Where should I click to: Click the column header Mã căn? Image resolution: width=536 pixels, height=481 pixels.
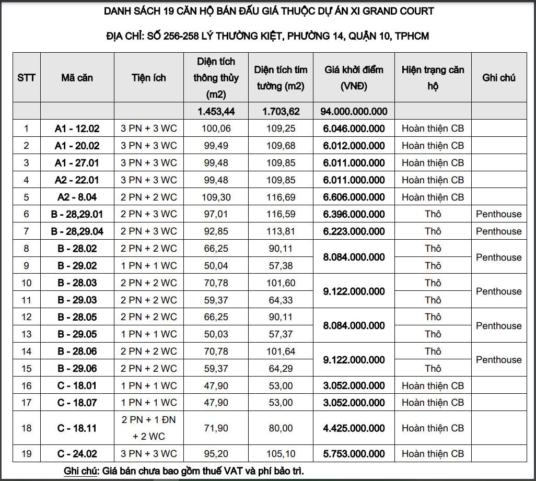[x=77, y=78]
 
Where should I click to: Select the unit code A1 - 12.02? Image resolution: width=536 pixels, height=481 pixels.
[x=77, y=128]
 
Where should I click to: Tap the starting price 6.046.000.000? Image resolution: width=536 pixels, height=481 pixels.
[x=354, y=128]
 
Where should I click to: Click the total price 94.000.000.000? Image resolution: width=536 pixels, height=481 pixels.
[x=354, y=111]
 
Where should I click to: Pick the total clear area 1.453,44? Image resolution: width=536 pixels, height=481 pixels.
[x=216, y=111]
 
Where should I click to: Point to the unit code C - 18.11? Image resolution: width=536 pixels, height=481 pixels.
[x=77, y=428]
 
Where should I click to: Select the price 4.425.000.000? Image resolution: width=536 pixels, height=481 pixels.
[x=354, y=428]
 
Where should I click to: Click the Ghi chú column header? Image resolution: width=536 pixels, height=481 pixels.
[x=498, y=78]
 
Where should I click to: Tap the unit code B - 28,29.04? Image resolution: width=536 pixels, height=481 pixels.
[x=77, y=231]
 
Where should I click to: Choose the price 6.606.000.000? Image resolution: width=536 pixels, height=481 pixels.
[x=354, y=197]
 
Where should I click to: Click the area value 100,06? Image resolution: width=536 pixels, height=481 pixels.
[x=216, y=128]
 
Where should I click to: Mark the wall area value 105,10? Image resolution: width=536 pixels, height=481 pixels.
[x=281, y=454]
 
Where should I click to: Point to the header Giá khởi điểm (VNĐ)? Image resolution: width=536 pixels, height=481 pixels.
[x=354, y=78]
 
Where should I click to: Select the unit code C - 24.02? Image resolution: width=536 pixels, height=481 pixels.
[x=77, y=454]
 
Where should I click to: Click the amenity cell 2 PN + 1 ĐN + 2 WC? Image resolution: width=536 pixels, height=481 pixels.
[x=148, y=428]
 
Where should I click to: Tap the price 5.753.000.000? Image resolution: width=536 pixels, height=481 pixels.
[x=354, y=454]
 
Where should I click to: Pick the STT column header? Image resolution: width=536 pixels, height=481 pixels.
[x=26, y=78]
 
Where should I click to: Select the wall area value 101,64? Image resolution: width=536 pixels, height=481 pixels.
[x=281, y=351]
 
